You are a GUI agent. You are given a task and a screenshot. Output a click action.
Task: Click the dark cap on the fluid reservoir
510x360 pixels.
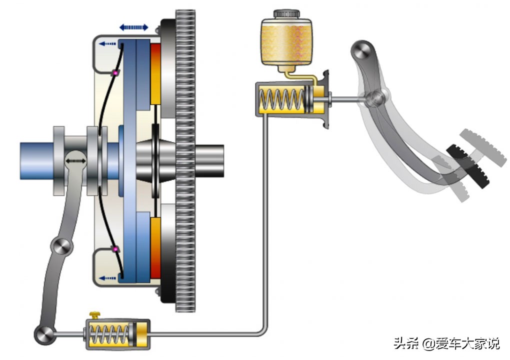click(286, 13)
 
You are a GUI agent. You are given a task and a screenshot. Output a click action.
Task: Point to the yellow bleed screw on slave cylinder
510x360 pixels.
click(94, 315)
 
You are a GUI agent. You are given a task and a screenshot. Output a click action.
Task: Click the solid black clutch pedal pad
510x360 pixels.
click(467, 166)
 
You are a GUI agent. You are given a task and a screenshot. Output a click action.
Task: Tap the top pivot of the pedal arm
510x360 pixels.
click(362, 50)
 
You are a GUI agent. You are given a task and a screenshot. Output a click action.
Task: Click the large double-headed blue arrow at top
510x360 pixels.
click(133, 27)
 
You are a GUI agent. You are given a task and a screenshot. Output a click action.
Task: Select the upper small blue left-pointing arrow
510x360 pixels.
click(107, 43)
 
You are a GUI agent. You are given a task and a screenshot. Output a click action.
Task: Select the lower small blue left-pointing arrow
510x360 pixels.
click(107, 278)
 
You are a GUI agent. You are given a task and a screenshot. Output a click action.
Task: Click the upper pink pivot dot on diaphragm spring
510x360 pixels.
click(115, 73)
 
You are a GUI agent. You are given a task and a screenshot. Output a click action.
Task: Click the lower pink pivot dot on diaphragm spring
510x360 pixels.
click(115, 249)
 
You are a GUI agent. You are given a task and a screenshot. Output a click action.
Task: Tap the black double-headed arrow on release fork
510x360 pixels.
click(75, 161)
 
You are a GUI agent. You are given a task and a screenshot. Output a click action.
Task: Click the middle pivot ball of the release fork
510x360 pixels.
click(61, 247)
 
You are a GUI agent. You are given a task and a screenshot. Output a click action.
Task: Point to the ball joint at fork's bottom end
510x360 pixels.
click(44, 334)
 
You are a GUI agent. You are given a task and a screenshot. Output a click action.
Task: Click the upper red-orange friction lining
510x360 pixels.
click(155, 74)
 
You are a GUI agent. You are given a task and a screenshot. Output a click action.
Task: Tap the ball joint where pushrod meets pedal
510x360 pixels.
click(375, 98)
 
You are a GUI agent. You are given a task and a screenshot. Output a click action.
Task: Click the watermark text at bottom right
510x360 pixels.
click(446, 343)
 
